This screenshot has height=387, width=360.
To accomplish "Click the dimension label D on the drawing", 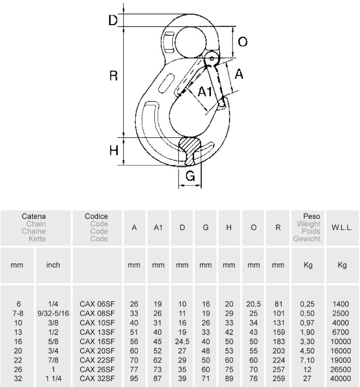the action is tap(113, 20).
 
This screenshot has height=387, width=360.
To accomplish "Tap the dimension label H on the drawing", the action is tap(114, 150).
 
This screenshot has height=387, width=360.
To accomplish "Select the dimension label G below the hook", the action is tap(190, 176).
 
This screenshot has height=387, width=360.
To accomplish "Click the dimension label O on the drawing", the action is tap(243, 42).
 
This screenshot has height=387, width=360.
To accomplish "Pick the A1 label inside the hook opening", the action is tap(205, 92).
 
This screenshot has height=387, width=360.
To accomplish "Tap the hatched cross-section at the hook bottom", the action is tap(189, 151).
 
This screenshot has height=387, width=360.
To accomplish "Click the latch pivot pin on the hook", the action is tap(212, 58).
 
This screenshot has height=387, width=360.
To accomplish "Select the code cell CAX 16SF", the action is tap(97, 341).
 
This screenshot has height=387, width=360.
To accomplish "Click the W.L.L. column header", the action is tap(342, 228).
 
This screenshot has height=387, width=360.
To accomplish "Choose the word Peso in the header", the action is tap(312, 216).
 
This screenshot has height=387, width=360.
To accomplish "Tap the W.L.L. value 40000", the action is tap(341, 378).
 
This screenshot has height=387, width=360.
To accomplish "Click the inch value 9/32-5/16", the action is tap(53, 313).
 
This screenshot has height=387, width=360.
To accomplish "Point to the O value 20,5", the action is tap(253, 304).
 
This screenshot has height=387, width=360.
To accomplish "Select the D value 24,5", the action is tap(182, 342).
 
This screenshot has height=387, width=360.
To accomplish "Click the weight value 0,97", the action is tap(307, 323).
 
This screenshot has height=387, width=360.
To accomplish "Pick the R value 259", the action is tap(278, 378).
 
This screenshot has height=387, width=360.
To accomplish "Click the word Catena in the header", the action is tap(33, 216).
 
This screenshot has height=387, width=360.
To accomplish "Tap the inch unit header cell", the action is tap(53, 265).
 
